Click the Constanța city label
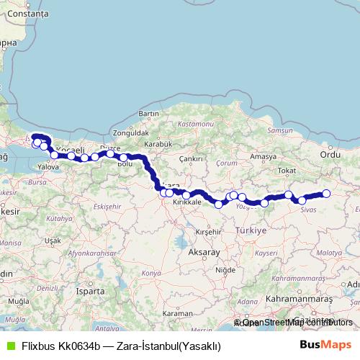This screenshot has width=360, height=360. click(24, 14)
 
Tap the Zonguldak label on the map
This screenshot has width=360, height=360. click(131, 133)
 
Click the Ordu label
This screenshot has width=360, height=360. click(329, 154)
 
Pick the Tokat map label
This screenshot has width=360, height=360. click(287, 171)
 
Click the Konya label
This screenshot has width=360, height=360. click(151, 273)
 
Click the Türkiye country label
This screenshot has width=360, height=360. click(251, 230)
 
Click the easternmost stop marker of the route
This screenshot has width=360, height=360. click(326, 193)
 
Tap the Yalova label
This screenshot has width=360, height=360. click(48, 166)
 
